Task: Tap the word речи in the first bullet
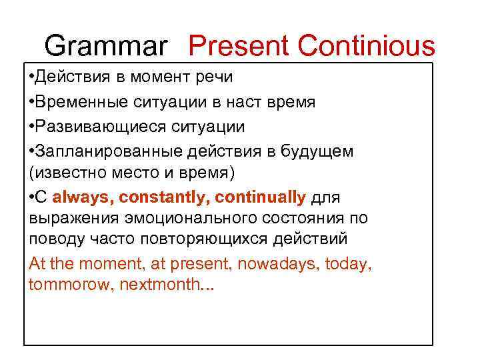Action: click(x=214, y=77)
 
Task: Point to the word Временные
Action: click(x=76, y=102)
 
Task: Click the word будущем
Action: click(x=319, y=151)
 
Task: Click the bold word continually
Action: click(x=261, y=197)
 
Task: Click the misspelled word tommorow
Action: click(x=71, y=285)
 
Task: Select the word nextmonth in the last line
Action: click(x=161, y=285)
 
